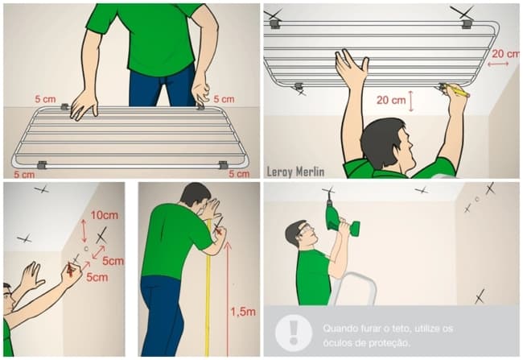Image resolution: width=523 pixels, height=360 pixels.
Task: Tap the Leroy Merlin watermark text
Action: [x=295, y=172]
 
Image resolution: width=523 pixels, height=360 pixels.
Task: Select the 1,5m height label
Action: [x=243, y=312]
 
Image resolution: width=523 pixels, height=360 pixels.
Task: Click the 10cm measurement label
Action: [x=105, y=215]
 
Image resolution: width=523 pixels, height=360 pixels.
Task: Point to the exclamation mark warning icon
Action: [x=294, y=333]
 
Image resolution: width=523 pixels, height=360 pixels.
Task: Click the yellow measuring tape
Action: [x=208, y=288]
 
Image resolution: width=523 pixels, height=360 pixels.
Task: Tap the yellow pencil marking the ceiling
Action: [x=457, y=90]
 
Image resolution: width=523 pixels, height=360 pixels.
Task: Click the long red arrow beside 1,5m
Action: [x=228, y=298]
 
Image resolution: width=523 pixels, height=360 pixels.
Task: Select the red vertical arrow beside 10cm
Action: [x=84, y=231]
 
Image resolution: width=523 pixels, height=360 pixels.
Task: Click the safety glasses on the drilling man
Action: [x=307, y=230]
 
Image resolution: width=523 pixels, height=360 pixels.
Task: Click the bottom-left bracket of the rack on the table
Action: [x=42, y=164]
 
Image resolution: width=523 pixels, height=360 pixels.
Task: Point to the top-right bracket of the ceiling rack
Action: [x=467, y=23]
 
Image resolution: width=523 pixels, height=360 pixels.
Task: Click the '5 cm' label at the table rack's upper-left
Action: [x=45, y=99]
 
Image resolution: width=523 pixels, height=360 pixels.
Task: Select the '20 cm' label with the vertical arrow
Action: [x=391, y=100]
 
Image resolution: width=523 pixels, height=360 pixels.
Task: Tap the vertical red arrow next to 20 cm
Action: [x=411, y=101]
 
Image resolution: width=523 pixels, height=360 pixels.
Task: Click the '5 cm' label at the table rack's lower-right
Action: [x=239, y=174]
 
